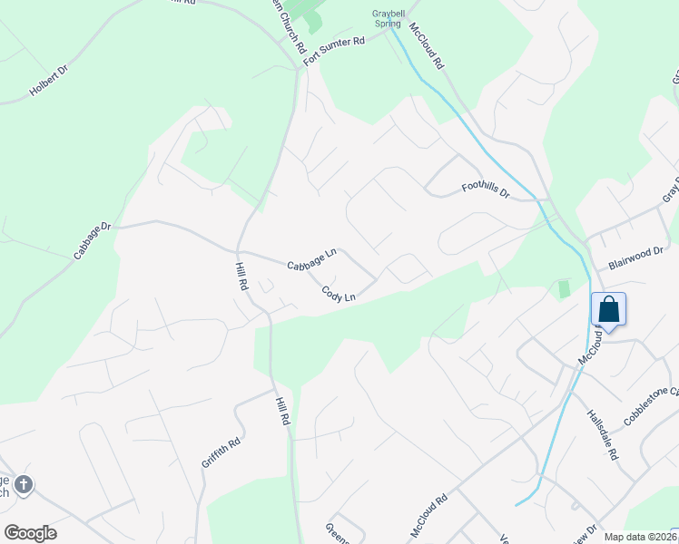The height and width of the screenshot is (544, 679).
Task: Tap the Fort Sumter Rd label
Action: click(x=333, y=50)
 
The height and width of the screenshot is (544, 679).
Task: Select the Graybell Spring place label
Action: click(x=393, y=18)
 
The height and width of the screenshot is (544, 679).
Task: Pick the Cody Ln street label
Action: click(x=338, y=294)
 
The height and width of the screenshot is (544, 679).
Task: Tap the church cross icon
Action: click(x=23, y=485)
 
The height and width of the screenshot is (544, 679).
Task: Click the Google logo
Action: click(x=30, y=533)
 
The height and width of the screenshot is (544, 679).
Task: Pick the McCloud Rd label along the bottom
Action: click(x=429, y=511)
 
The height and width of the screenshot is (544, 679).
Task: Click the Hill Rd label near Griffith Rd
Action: click(x=281, y=408)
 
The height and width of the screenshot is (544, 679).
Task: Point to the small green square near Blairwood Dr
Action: click(x=564, y=288)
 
